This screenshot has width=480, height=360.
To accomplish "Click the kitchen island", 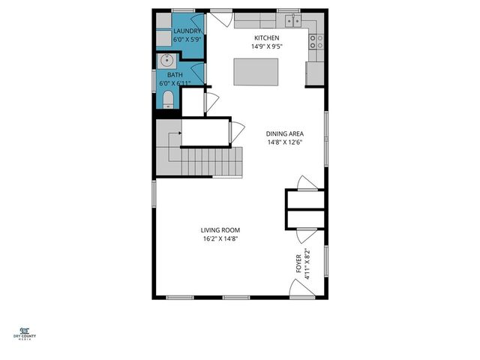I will [x=251, y=72].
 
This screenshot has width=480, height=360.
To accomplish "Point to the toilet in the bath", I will [x=167, y=100].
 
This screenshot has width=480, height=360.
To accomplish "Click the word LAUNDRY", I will [x=187, y=31].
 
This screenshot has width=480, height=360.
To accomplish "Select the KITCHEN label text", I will [x=266, y=37].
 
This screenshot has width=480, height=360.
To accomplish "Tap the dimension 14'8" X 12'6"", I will [x=285, y=143].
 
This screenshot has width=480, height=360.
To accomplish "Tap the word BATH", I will [x=175, y=75].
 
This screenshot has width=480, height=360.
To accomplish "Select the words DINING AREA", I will [x=285, y=135].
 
